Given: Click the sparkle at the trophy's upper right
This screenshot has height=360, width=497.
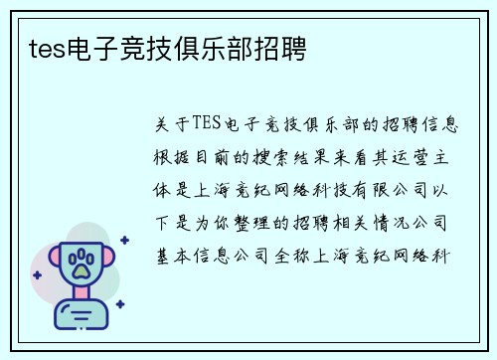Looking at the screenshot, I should tap(123, 240).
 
